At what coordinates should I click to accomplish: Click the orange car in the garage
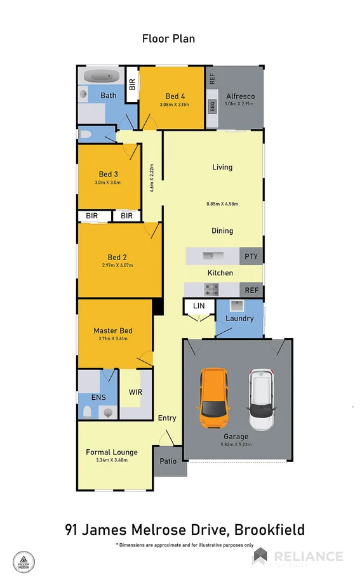[213, 397]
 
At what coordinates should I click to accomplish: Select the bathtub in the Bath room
[102, 76]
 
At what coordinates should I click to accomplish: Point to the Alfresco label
[240, 96]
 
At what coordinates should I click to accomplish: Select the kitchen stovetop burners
[211, 290]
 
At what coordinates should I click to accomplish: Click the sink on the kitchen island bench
[208, 256]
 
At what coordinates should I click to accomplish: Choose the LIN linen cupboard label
[199, 307]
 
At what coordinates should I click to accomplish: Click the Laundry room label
[239, 319]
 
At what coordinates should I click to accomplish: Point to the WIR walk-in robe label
[135, 392]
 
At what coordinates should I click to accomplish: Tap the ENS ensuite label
[98, 397]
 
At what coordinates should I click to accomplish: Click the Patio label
[168, 461]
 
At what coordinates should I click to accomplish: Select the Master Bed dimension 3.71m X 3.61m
[113, 339]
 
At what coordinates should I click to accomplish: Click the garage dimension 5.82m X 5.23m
[236, 445]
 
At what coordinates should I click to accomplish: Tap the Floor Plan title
[168, 39]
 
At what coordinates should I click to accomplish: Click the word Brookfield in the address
[270, 530]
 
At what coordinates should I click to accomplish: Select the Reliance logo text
[308, 557]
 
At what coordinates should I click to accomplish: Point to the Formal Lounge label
[112, 452]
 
